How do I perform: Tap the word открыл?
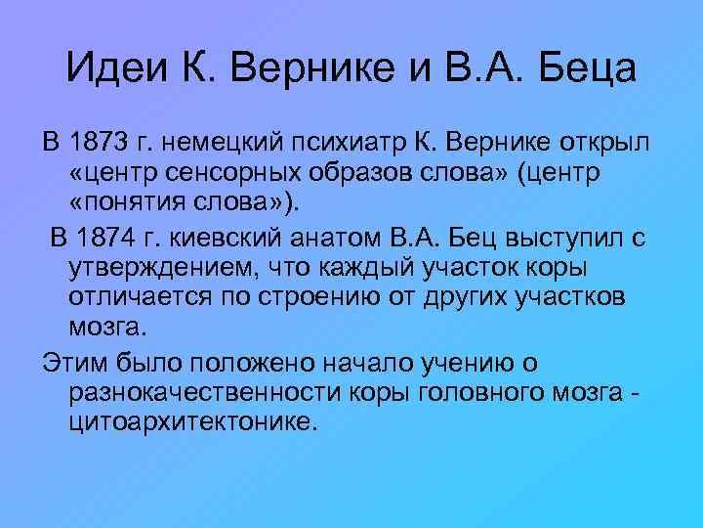tap(609, 144)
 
